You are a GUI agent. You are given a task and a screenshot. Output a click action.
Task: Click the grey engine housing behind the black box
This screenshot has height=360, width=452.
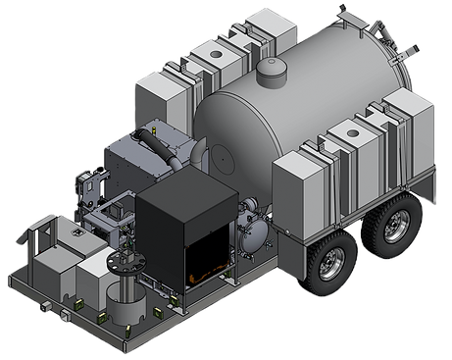point(137,162)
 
